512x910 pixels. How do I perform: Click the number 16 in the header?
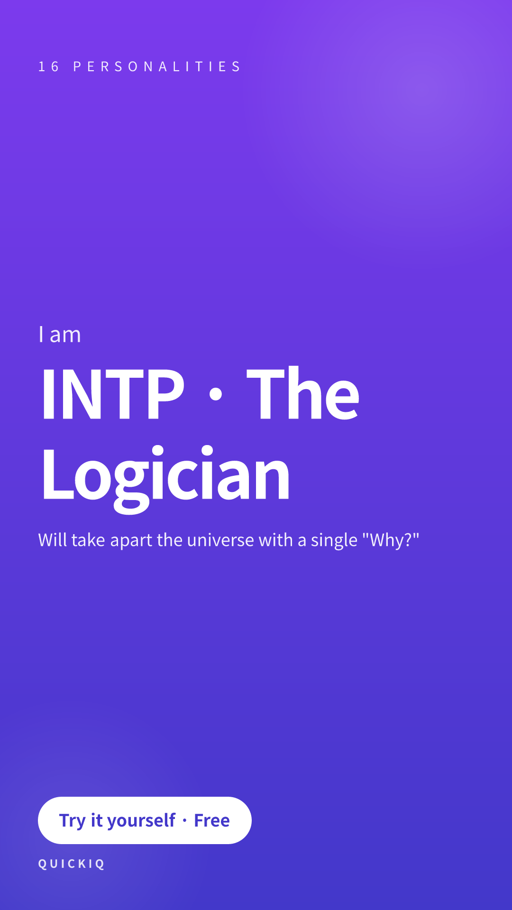48,66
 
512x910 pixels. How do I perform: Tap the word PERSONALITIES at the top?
157,66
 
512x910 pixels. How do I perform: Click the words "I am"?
60,335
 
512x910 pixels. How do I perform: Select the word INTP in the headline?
112,394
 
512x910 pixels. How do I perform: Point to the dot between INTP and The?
216,394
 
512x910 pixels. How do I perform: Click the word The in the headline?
303,393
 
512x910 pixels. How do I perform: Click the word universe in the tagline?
220,540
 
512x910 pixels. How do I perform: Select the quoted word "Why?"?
391,540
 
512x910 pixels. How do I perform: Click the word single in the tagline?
334,541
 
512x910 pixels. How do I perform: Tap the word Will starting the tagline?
53,540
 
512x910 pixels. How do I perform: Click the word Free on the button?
212,820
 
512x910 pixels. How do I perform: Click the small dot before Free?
185,821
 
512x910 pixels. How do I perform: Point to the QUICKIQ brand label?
72,864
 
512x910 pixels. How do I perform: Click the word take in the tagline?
88,540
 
